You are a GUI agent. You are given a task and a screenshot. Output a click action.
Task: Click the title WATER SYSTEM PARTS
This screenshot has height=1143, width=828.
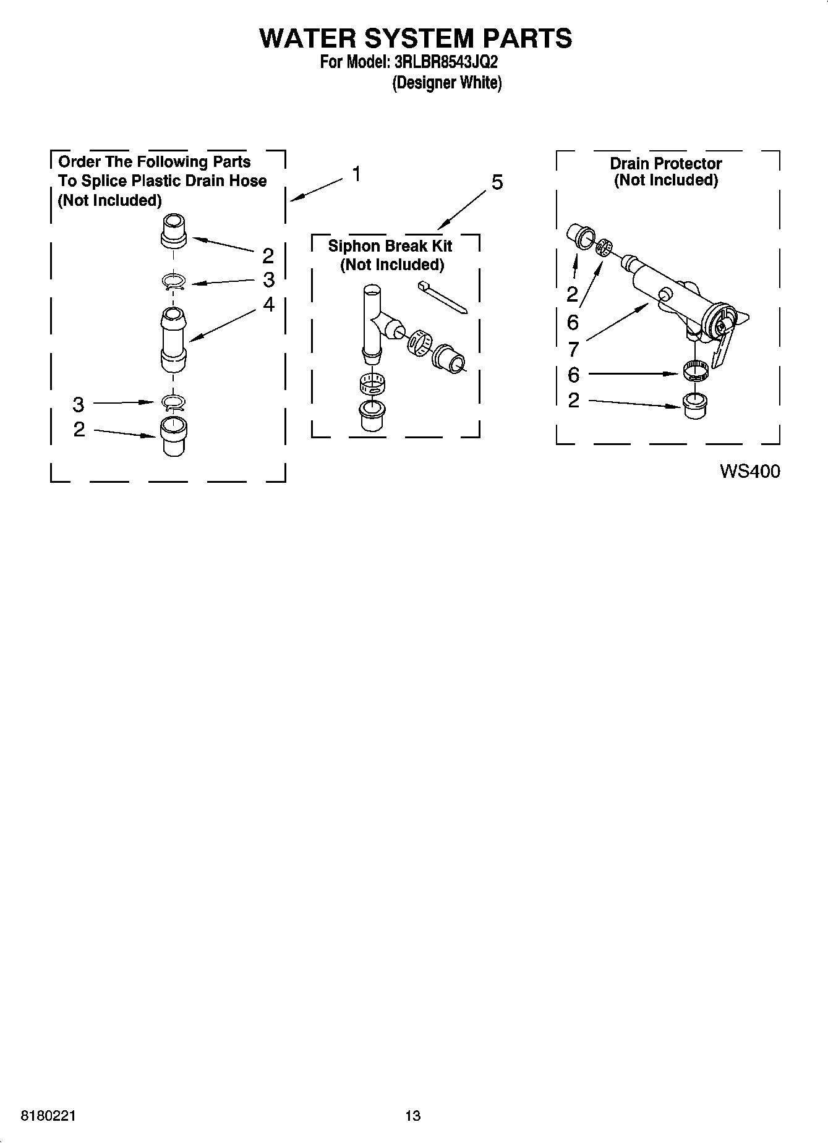[415, 38]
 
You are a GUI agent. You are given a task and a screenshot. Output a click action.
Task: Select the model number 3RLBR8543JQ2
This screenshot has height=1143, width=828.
[445, 62]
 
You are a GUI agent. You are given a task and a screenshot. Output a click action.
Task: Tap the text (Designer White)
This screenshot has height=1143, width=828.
[446, 83]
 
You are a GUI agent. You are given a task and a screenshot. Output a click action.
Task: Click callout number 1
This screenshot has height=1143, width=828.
[357, 174]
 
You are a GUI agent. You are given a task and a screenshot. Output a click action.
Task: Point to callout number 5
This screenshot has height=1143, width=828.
[497, 183]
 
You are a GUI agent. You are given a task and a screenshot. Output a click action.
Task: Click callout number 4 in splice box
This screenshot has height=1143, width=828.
[268, 304]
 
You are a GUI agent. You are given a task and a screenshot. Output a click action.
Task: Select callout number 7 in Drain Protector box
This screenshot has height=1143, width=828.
[573, 350]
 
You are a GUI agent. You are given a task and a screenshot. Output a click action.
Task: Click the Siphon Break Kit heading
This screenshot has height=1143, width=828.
[390, 246]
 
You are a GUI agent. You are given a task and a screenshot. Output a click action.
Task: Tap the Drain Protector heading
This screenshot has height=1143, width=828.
[665, 164]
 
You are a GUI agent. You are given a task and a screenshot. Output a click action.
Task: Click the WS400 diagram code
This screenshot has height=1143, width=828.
[749, 472]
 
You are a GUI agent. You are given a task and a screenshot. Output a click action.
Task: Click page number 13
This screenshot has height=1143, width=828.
[413, 1116]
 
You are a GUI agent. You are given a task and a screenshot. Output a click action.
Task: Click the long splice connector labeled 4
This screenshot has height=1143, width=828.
[173, 341]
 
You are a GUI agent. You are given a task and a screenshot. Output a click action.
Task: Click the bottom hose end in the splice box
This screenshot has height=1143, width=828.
[173, 436]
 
